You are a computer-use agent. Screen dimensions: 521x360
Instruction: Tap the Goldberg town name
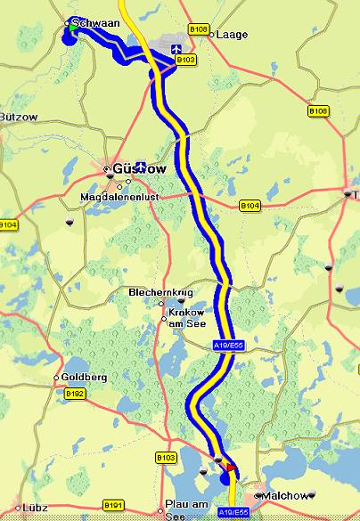click(84, 377)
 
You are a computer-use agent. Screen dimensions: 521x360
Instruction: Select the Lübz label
click(35, 508)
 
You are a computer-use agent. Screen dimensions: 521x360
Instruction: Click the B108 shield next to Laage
click(199, 29)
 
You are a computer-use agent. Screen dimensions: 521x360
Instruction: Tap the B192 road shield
click(74, 393)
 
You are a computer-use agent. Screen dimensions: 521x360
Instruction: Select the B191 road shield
click(112, 505)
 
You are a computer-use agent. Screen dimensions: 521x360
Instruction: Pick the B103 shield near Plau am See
click(166, 457)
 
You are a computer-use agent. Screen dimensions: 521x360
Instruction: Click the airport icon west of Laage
click(175, 48)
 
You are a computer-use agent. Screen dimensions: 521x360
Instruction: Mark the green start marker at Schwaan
click(71, 28)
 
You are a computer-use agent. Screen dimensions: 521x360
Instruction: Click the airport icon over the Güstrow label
click(140, 167)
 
